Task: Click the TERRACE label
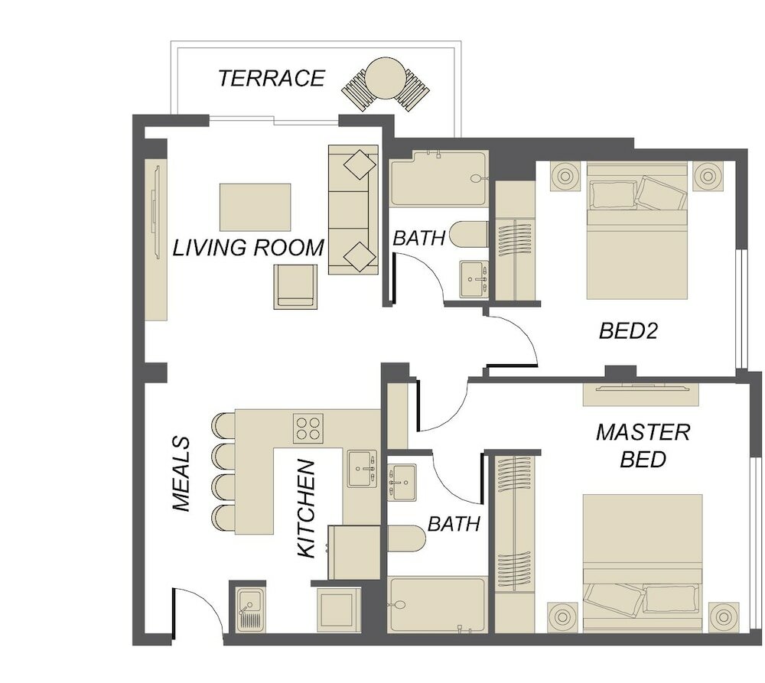[272, 79]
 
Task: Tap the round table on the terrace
[386, 79]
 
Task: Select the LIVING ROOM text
[249, 247]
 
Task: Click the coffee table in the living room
[256, 207]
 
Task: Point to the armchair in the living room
[295, 286]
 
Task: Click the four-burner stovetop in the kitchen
[308, 428]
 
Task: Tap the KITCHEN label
[307, 509]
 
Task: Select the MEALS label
[181, 473]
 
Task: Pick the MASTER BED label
[643, 445]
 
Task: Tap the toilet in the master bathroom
[406, 538]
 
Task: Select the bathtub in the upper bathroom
[438, 178]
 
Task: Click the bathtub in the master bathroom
[437, 606]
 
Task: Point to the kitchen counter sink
[362, 469]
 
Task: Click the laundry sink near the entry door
[250, 610]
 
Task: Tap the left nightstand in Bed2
[565, 176]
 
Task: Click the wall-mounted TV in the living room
[156, 213]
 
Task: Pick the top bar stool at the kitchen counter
[224, 425]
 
